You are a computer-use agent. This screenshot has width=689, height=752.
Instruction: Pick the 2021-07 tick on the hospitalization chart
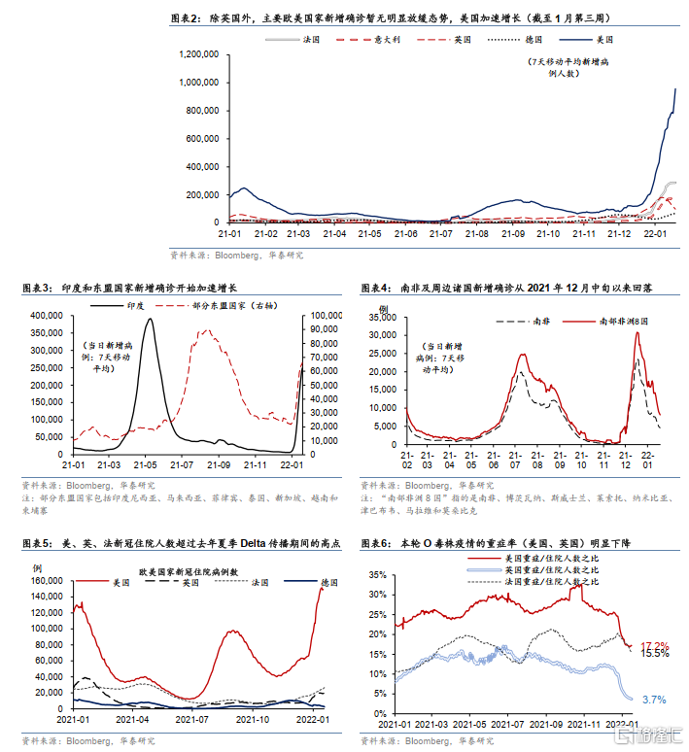tap(191, 721)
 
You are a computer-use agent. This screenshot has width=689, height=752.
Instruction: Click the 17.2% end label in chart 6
tap(653, 645)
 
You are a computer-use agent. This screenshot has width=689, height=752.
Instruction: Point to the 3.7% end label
tap(653, 699)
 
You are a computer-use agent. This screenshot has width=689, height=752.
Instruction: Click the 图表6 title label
tap(378, 543)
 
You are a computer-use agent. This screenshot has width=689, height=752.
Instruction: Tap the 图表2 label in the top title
tap(185, 18)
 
